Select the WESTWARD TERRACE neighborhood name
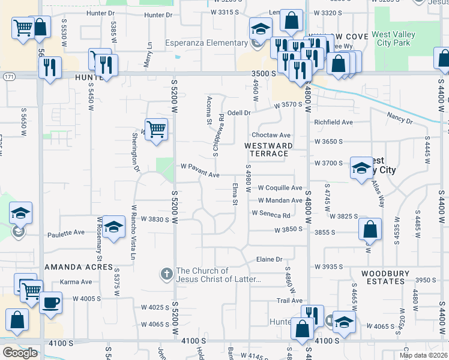click(x=268, y=149)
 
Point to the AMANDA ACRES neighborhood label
click(x=79, y=266)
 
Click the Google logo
click(x=20, y=353)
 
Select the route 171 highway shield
click(x=8, y=77)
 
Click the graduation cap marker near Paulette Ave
click(x=113, y=227)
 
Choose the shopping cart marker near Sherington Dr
click(x=156, y=128)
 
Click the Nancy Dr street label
click(x=400, y=117)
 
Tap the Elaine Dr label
click(x=269, y=259)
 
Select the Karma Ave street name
click(x=76, y=282)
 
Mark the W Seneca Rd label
click(x=271, y=214)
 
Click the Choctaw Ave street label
click(x=271, y=136)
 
